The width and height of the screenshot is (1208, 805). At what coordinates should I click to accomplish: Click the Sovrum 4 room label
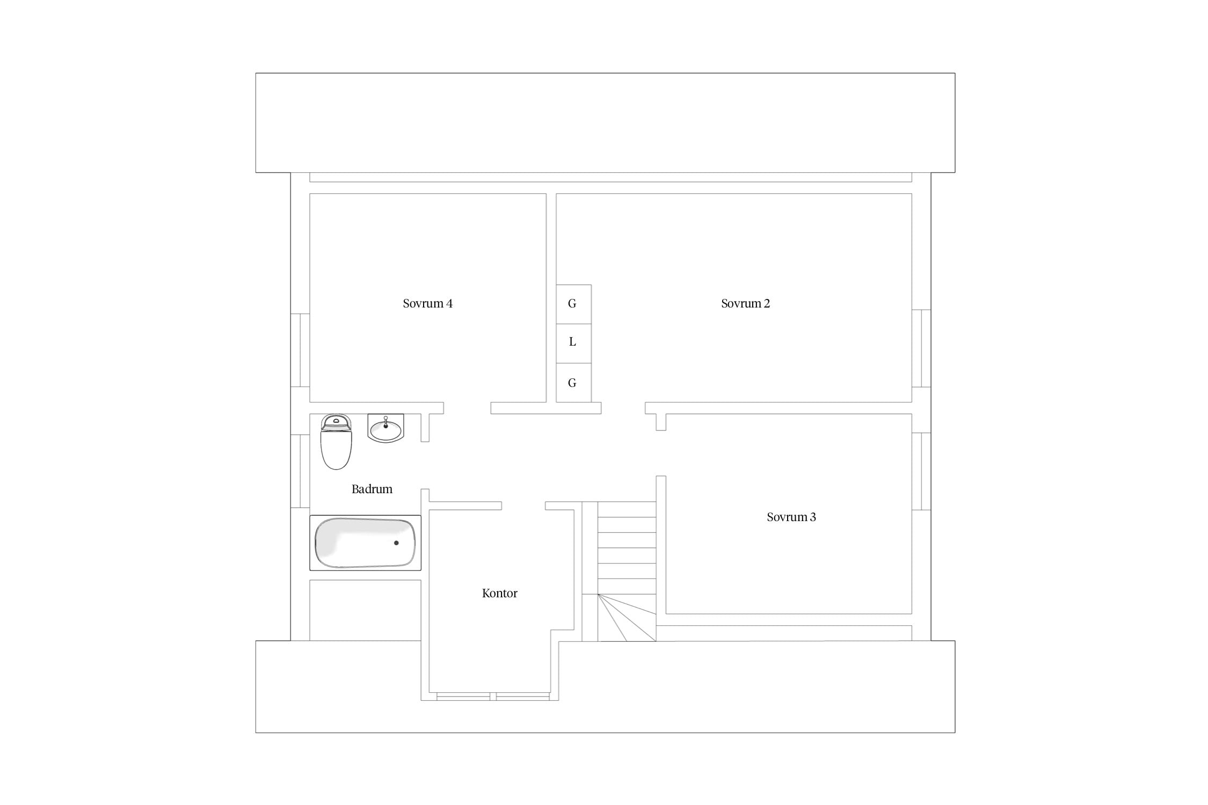[427, 304]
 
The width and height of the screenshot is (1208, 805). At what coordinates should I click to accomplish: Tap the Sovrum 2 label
[745, 304]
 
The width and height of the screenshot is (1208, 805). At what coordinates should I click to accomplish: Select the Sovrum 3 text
[791, 517]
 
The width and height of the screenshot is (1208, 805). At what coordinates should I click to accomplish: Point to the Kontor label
[499, 594]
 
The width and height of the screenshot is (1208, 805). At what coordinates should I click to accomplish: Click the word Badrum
[372, 489]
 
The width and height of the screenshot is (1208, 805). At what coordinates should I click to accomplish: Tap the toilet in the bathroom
[336, 442]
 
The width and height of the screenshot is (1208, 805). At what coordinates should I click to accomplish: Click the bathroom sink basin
[385, 429]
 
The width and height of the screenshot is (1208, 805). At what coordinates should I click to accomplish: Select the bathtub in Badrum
[365, 543]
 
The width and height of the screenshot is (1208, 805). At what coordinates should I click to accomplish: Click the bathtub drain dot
[396, 543]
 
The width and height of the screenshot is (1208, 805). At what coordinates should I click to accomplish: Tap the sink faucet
[385, 422]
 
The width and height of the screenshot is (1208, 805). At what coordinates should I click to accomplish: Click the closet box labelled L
[573, 343]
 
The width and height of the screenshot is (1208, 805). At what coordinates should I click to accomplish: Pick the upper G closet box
[573, 304]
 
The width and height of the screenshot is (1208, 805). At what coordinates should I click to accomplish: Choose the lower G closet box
[573, 383]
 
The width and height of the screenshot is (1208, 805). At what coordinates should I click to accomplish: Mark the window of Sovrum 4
[300, 350]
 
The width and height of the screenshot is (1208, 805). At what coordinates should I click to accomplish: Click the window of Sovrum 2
[921, 348]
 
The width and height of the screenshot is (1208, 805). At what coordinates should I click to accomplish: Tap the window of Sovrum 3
[921, 472]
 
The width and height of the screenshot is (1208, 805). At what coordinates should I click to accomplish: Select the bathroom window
[300, 471]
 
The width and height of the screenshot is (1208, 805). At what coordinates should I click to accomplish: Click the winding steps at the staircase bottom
[627, 618]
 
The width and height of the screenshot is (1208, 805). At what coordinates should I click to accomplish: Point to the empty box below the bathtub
[365, 610]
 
